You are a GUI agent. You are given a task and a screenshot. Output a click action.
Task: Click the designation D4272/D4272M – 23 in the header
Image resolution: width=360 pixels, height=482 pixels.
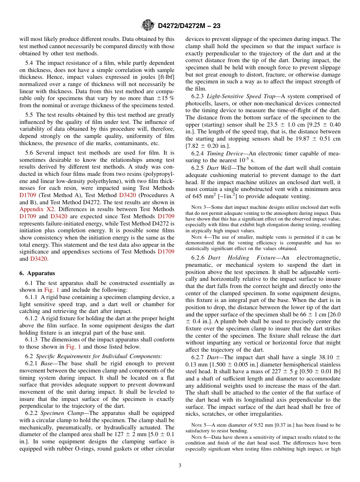tap(189, 26)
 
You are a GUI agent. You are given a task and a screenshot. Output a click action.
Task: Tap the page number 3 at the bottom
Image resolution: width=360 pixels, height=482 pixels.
tap(180, 465)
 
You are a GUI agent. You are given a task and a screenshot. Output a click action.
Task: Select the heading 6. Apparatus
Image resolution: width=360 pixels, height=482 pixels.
tap(37, 273)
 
